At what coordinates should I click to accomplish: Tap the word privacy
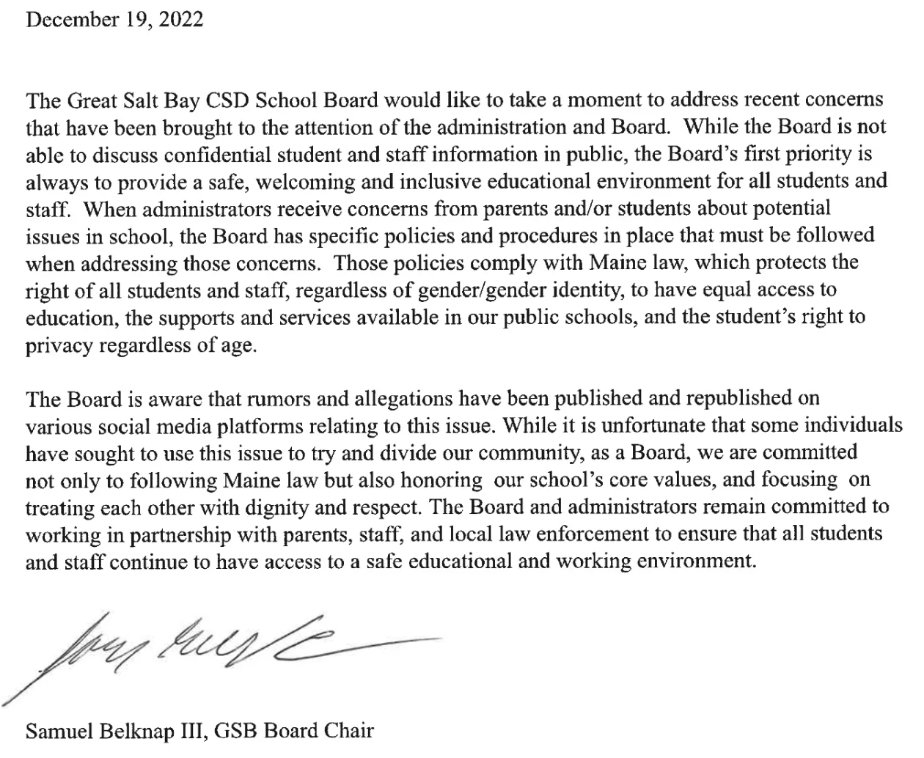tap(57, 345)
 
